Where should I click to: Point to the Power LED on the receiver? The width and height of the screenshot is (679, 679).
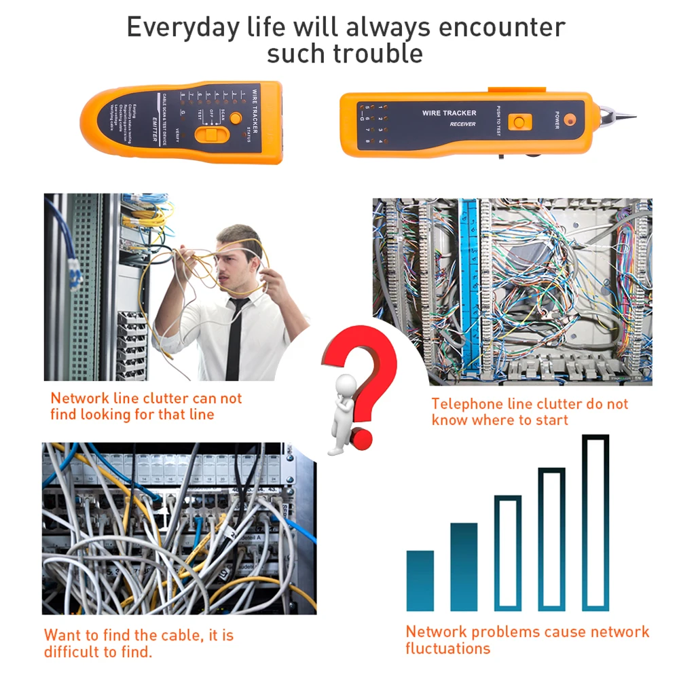tap(569, 121)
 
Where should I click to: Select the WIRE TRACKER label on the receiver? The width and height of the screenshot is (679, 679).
tap(449, 113)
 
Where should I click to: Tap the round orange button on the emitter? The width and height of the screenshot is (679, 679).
tap(235, 118)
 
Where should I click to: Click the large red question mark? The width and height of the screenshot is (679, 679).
tap(363, 373)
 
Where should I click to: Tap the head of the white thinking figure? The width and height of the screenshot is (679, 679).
tap(346, 383)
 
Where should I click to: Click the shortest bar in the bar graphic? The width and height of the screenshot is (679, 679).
tap(420, 580)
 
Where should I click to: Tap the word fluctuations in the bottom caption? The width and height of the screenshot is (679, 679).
tap(447, 648)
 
